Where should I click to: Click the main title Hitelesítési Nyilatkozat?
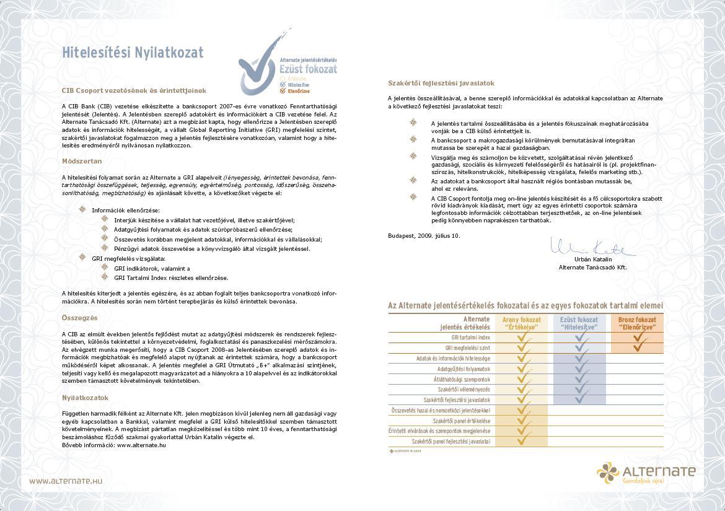tap(133, 53)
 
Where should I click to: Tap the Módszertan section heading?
tap(82, 161)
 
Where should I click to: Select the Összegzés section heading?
tap(80, 318)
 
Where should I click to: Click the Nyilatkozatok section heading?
tap(86, 398)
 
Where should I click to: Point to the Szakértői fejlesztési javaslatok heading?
tap(441, 83)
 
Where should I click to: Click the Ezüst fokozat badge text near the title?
tap(309, 69)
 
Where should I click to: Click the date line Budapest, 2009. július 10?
tap(424, 235)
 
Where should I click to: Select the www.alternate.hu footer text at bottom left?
tap(66, 481)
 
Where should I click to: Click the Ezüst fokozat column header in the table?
tap(579, 323)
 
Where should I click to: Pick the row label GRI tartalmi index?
tap(470, 338)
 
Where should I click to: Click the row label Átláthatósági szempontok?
tap(464, 379)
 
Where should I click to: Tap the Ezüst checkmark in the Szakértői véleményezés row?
tap(580, 389)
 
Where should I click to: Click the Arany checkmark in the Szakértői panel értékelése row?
tap(523, 421)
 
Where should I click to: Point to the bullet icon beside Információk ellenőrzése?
tap(82, 209)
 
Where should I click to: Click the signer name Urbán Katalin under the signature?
tap(593, 259)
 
